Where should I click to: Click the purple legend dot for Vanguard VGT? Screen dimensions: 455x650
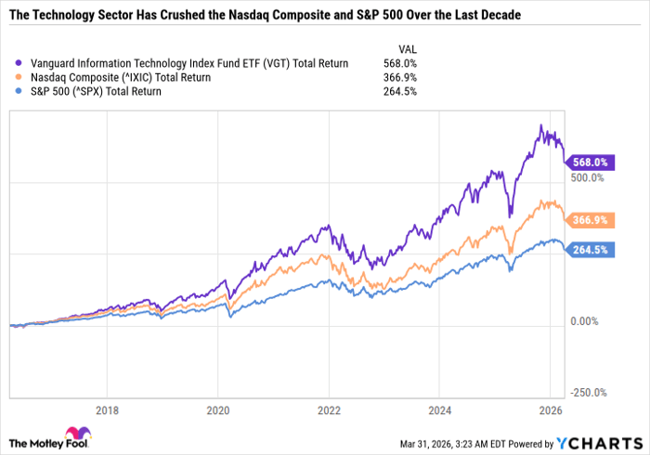click(x=13, y=63)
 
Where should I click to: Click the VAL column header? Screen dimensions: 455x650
click(x=407, y=48)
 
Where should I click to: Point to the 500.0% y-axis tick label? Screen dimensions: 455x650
click(x=587, y=176)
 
